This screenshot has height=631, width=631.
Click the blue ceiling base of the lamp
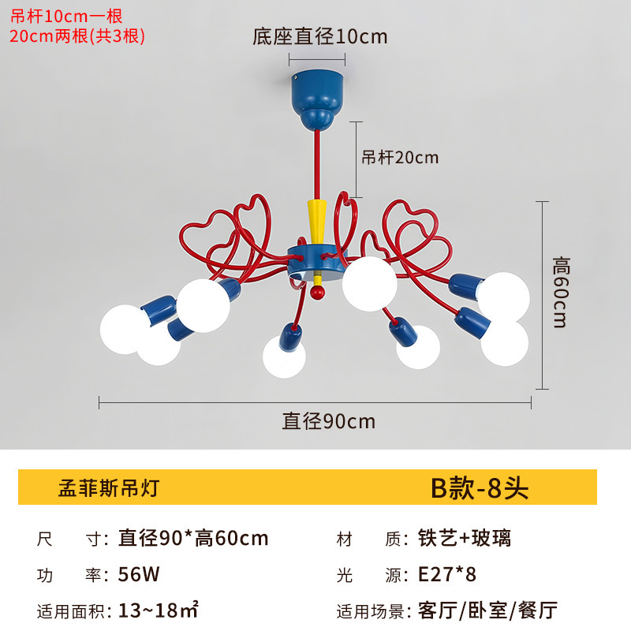click(319, 98)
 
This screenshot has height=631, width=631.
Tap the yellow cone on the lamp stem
click(317, 222)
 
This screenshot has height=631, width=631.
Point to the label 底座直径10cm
click(319, 36)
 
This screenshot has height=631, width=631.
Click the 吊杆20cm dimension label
click(400, 157)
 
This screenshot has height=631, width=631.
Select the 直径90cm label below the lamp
click(329, 421)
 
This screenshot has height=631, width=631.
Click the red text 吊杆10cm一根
click(66, 15)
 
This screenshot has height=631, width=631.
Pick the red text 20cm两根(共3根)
click(77, 35)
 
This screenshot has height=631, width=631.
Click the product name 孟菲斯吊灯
click(109, 487)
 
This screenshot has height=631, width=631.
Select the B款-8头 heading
click(479, 487)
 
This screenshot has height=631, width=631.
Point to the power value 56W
click(140, 574)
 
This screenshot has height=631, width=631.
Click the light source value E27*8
click(447, 574)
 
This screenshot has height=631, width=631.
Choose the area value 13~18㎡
click(158, 610)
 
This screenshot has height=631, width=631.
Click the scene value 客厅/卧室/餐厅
click(487, 610)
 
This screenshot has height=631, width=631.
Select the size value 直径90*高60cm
click(193, 539)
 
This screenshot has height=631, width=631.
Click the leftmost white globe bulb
click(124, 329)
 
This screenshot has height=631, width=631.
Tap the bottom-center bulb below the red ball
click(284, 357)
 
